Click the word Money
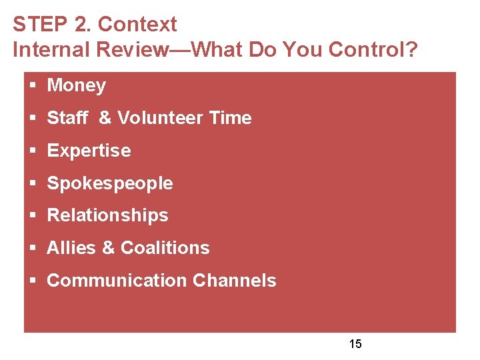(77, 85)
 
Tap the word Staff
(67, 118)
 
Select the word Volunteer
(160, 118)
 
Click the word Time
(230, 118)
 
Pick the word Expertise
(89, 151)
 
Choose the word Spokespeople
(110, 183)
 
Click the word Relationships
(107, 215)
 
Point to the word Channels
(234, 281)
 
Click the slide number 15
(355, 344)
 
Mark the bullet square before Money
(33, 86)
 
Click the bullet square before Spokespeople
(33, 184)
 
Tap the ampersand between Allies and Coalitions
(108, 248)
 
